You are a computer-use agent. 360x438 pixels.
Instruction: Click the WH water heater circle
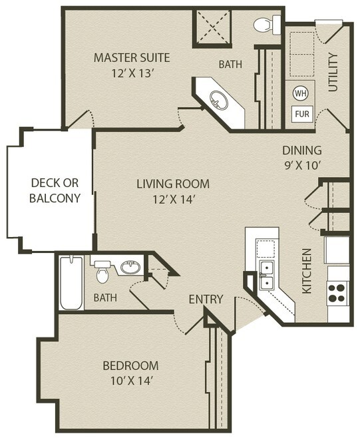301,93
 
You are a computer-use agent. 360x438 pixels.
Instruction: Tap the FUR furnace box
302,114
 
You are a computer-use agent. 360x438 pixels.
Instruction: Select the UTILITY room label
333,73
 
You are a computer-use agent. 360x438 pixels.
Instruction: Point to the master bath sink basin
219,101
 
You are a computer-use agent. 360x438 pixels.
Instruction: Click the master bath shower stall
212,27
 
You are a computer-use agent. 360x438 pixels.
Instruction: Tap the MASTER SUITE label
132,58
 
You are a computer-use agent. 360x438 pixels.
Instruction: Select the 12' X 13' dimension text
133,73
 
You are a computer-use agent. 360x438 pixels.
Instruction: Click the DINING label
302,150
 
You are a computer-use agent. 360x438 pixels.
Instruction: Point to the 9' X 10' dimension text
302,166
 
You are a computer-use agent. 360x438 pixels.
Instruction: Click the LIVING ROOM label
173,184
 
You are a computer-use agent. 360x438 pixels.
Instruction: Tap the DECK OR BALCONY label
55,190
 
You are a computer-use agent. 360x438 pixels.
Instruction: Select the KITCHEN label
307,271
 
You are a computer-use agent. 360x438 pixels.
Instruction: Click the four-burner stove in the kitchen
337,294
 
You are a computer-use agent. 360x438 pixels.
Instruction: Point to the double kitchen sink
267,276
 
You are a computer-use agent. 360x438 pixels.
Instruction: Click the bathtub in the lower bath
71,283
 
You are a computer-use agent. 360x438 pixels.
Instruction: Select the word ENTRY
206,299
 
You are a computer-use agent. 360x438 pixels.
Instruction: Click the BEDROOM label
130,365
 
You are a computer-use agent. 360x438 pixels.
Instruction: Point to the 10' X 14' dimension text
131,381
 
